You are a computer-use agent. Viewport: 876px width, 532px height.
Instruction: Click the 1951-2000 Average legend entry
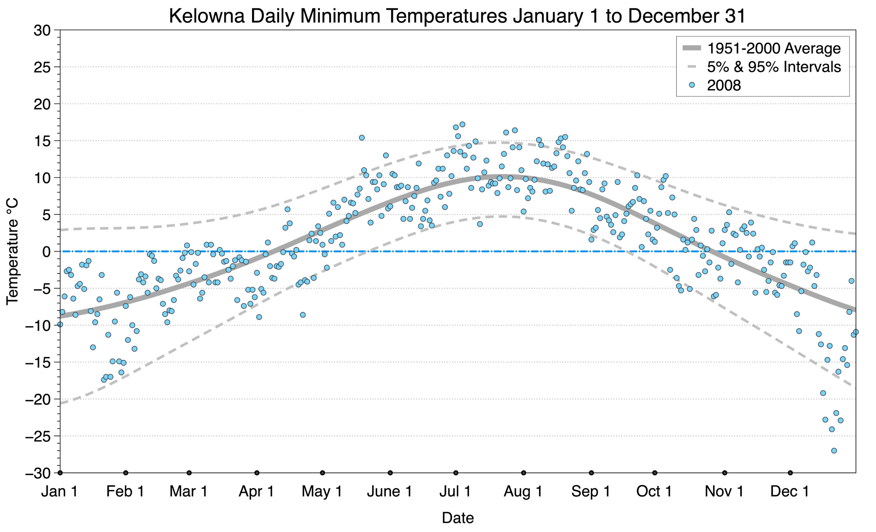point(774,48)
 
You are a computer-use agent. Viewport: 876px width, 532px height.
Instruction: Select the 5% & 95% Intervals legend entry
point(774,67)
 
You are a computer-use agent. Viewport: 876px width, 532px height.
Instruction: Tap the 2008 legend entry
point(723,85)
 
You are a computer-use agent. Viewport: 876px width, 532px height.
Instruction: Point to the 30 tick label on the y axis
point(42,30)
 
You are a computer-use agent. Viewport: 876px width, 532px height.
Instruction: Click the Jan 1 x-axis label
point(59,492)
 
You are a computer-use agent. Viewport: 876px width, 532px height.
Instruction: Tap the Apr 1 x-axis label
point(256,492)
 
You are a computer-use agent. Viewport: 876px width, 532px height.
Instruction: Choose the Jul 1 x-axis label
point(455,492)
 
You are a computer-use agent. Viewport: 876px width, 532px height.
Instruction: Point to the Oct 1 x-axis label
point(654,492)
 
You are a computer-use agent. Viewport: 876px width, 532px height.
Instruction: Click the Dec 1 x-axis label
point(790,492)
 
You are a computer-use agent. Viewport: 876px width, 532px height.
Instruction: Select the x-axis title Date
point(458,518)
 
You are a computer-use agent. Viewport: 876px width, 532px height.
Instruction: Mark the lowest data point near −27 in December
point(834,451)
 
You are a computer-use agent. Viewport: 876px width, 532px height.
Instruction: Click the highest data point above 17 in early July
point(462,124)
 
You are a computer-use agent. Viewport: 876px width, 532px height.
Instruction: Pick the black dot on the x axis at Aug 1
point(523,473)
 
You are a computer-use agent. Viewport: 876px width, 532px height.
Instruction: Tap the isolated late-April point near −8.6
point(303,315)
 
